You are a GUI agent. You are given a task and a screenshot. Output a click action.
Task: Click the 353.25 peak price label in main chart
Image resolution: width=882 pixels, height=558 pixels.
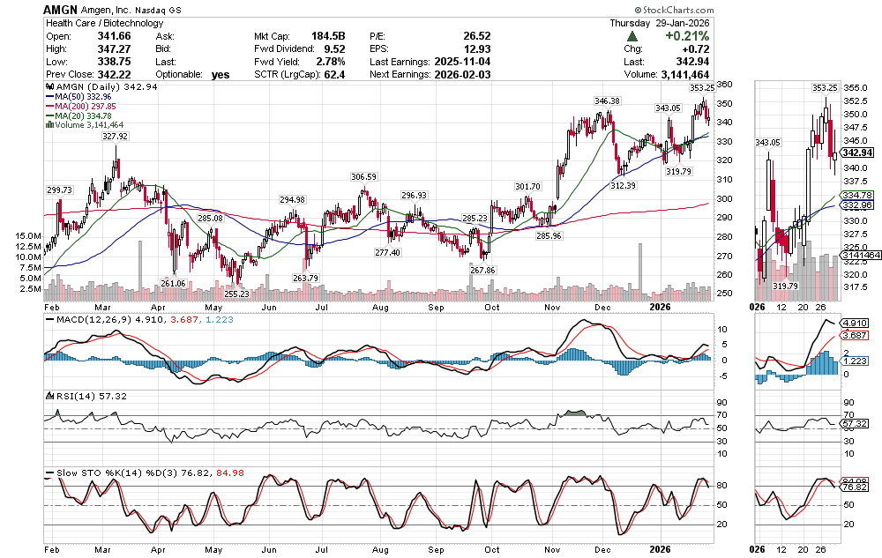pyautogui.click(x=701, y=88)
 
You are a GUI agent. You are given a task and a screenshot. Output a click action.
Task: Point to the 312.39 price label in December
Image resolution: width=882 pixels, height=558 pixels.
pyautogui.click(x=623, y=185)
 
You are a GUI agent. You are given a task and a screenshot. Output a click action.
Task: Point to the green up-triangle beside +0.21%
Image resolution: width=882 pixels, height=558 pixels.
pyautogui.click(x=632, y=35)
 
